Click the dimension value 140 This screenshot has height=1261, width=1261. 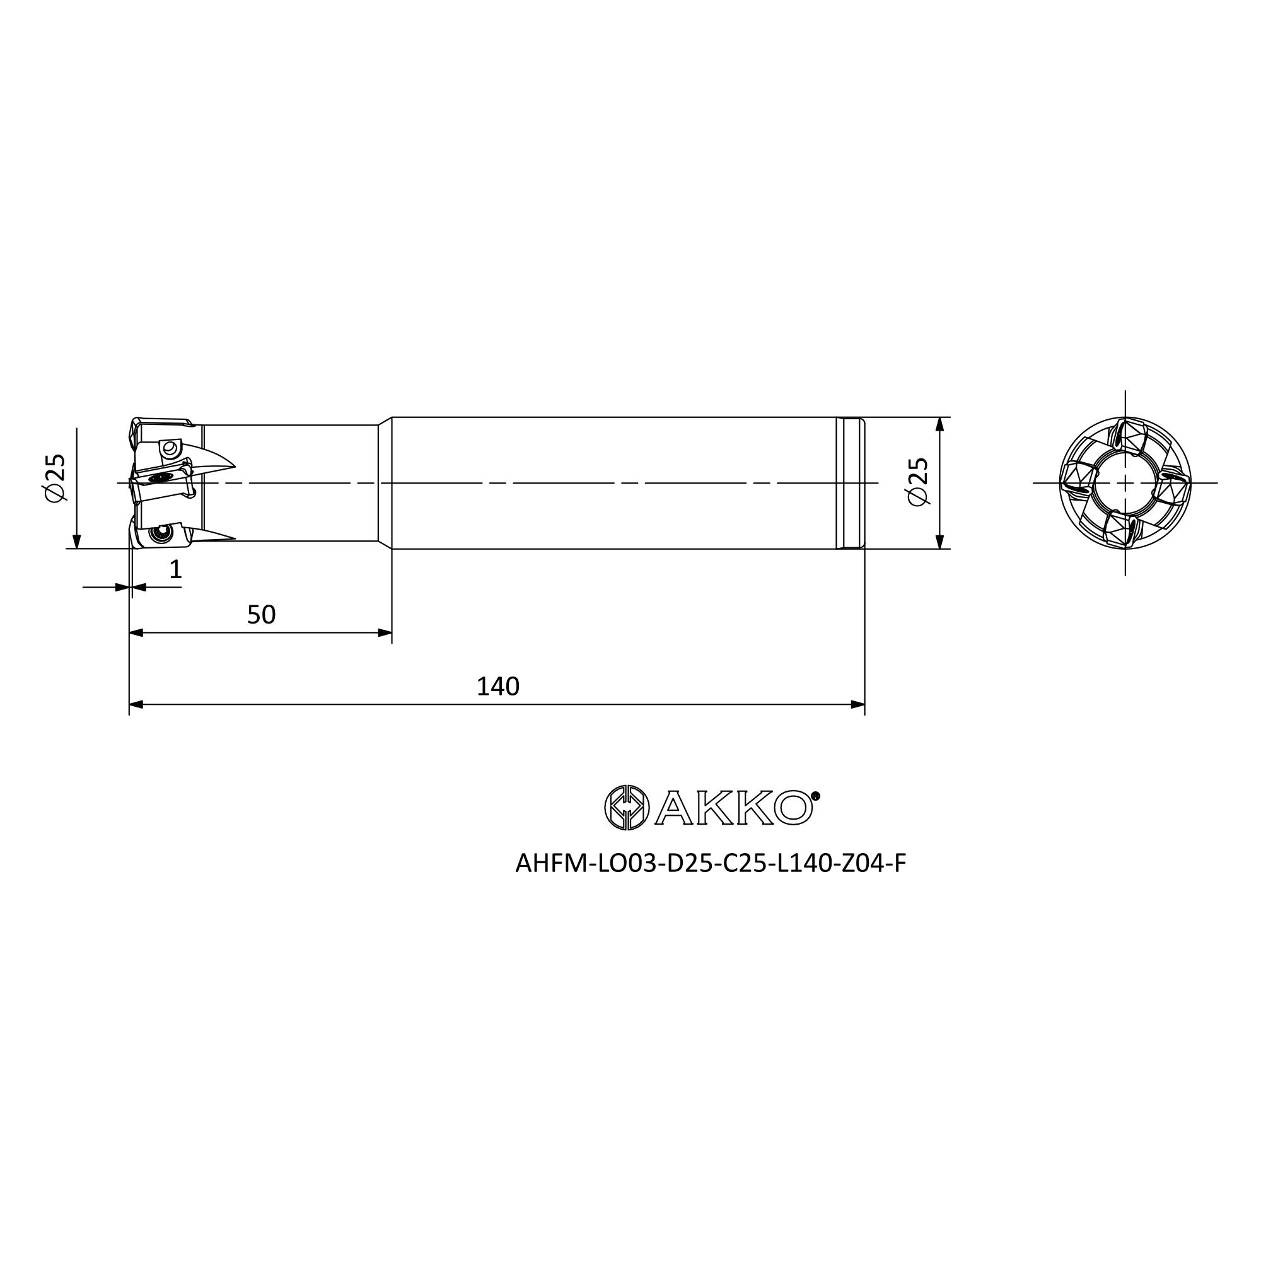click(x=497, y=687)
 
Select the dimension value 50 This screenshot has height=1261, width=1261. click(x=261, y=615)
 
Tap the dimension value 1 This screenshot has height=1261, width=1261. click(x=175, y=570)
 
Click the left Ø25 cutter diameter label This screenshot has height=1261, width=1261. click(x=56, y=478)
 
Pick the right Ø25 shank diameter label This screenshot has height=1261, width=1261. click(x=917, y=481)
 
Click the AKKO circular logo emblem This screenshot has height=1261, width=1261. click(x=627, y=808)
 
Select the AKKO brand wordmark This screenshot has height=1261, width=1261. click(x=734, y=808)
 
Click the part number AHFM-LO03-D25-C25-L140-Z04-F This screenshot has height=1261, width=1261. click(x=711, y=864)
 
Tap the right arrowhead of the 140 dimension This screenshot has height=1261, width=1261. click(x=857, y=704)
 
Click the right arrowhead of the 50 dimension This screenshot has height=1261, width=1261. click(x=385, y=632)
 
